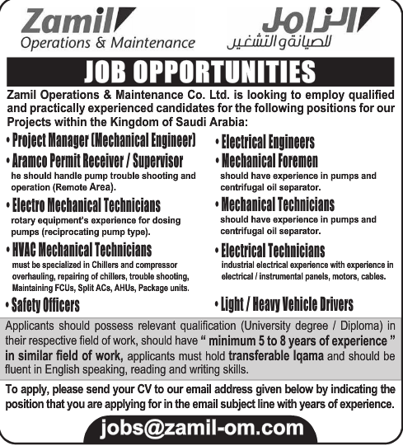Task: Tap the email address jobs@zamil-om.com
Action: (x=202, y=427)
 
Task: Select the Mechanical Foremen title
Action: (x=270, y=162)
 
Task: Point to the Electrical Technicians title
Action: (x=273, y=251)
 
